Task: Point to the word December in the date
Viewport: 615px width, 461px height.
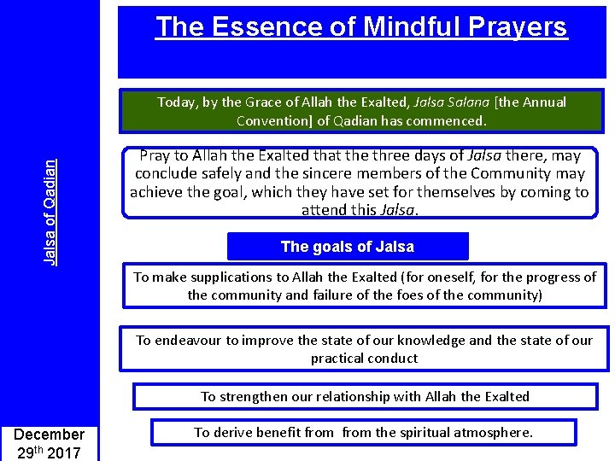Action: tap(50, 435)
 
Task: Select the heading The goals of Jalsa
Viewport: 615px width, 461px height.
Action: tap(348, 248)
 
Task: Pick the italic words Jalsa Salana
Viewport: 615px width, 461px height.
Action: tap(450, 102)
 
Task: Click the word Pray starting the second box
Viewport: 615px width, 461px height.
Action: tap(155, 156)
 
